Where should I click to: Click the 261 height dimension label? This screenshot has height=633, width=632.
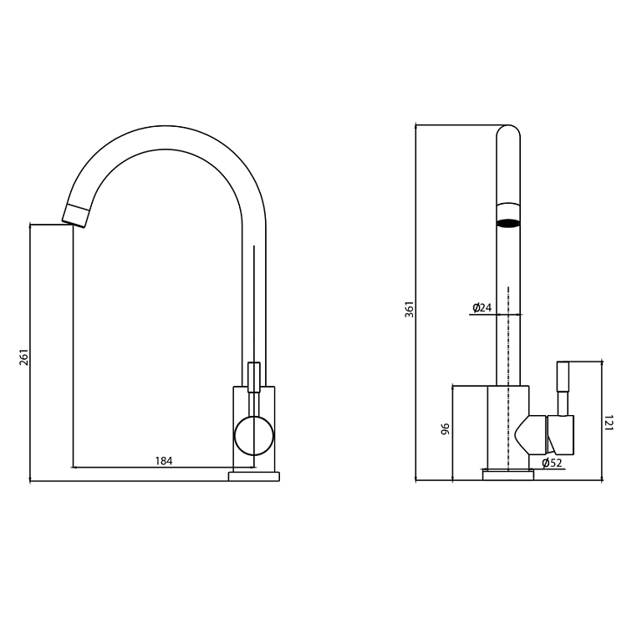pos(24,357)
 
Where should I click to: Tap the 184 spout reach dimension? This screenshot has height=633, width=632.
pos(164,461)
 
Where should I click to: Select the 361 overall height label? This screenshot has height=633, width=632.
pos(410,309)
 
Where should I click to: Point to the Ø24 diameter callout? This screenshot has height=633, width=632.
pos(482,307)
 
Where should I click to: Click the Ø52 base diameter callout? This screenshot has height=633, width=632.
pos(552,463)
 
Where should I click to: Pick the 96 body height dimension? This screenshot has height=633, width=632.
pos(445,429)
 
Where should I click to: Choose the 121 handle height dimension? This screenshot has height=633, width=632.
pos(609,423)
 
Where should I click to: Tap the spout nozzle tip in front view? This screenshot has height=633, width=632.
pos(75,216)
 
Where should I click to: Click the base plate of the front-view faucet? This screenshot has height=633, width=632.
pos(254,476)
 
